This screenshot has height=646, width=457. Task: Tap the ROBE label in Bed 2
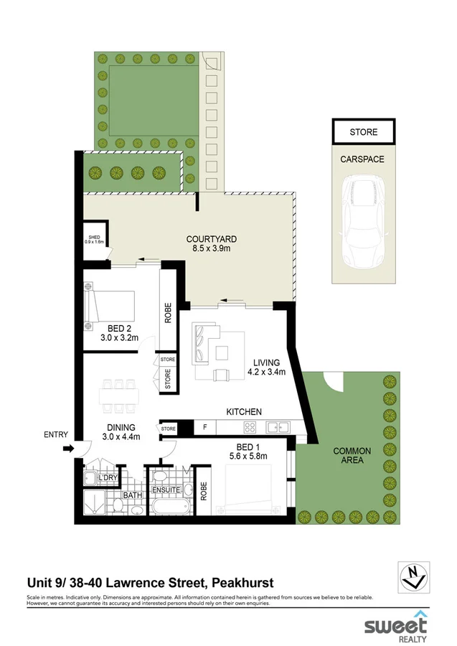point(169,313)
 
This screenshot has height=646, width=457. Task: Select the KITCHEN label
point(244,411)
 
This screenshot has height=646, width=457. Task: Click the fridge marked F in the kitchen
point(205,428)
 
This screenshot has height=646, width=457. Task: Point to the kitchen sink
point(277,428)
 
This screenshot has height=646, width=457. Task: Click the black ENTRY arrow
point(68,449)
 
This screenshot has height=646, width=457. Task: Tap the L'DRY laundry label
point(108,478)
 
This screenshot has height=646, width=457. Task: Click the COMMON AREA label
point(352,456)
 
